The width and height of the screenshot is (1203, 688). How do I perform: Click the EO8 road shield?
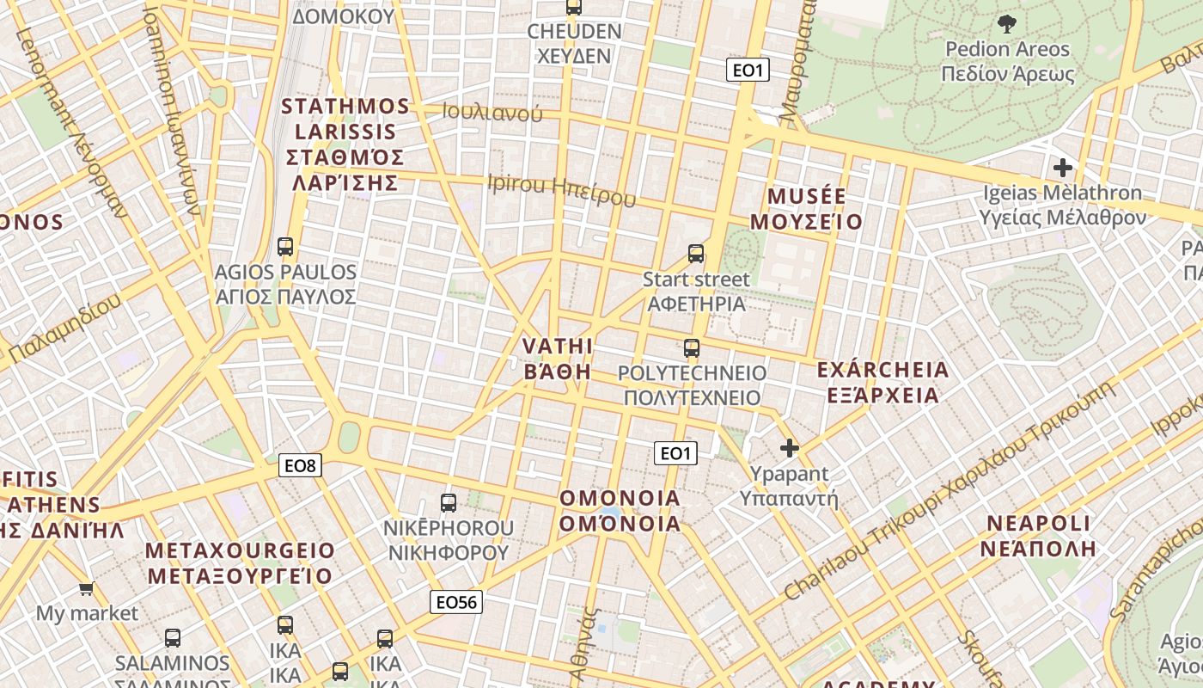301,466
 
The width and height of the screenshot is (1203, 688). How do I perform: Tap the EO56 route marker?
455,602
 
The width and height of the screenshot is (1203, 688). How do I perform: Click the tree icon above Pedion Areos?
1006,24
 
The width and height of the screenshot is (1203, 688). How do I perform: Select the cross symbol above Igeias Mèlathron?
1063,168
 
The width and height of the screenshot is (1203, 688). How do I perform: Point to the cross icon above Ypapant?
789,448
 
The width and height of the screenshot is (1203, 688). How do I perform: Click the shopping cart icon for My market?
86,589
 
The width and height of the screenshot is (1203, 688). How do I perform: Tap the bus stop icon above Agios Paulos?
285,247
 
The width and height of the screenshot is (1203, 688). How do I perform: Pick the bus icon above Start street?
696,254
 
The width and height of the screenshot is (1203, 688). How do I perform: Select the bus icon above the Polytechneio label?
692,348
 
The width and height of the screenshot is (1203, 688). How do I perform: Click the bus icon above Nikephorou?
448,502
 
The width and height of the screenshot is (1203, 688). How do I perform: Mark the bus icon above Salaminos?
173,638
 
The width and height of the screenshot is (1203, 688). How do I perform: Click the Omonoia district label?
620,511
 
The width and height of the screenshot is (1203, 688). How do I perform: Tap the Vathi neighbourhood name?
558,359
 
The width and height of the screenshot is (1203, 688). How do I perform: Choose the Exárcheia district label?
882,383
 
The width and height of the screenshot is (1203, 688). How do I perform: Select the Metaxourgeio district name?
241,562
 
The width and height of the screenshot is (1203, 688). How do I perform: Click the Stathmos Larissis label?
345,144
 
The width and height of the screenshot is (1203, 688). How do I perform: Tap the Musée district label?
806,209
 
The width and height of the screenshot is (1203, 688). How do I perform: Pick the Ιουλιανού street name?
492,112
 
